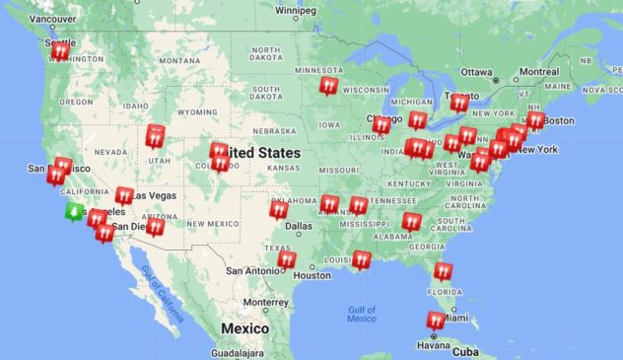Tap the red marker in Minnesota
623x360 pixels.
click(328, 86)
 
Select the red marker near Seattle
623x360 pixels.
click(60, 50)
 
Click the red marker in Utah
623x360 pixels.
click(155, 136)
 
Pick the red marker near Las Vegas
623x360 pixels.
click(124, 195)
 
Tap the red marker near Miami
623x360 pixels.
click(436, 321)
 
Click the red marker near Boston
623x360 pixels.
click(534, 120)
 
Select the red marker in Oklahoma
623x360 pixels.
click(279, 209)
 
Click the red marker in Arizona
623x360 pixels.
click(156, 227)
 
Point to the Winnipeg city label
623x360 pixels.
click(295, 12)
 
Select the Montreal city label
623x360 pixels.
click(538, 72)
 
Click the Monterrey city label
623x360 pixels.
click(265, 302)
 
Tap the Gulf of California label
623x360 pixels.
click(161, 293)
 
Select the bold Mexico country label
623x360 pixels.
click(244, 327)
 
